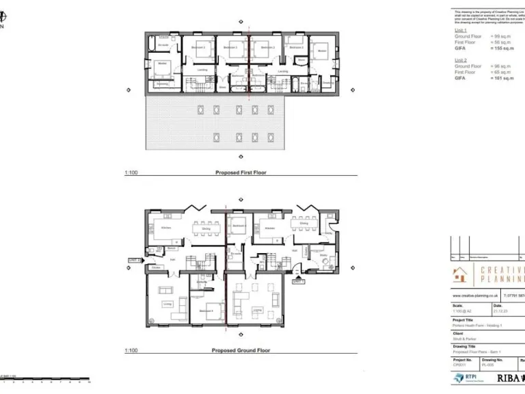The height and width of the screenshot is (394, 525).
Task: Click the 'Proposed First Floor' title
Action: tap(241, 173)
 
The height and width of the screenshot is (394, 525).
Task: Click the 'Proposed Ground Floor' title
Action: tap(243, 350)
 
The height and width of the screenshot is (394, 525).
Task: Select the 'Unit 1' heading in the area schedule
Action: tap(461, 31)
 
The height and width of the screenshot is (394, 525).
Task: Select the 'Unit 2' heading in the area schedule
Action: tap(461, 60)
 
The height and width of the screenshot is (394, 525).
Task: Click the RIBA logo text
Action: tap(509, 378)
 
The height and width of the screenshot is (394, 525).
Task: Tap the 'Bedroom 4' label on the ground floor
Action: tap(206, 311)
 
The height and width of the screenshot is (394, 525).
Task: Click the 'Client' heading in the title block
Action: tap(458, 333)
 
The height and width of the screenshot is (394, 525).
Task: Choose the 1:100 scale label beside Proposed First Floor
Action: tap(131, 173)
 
